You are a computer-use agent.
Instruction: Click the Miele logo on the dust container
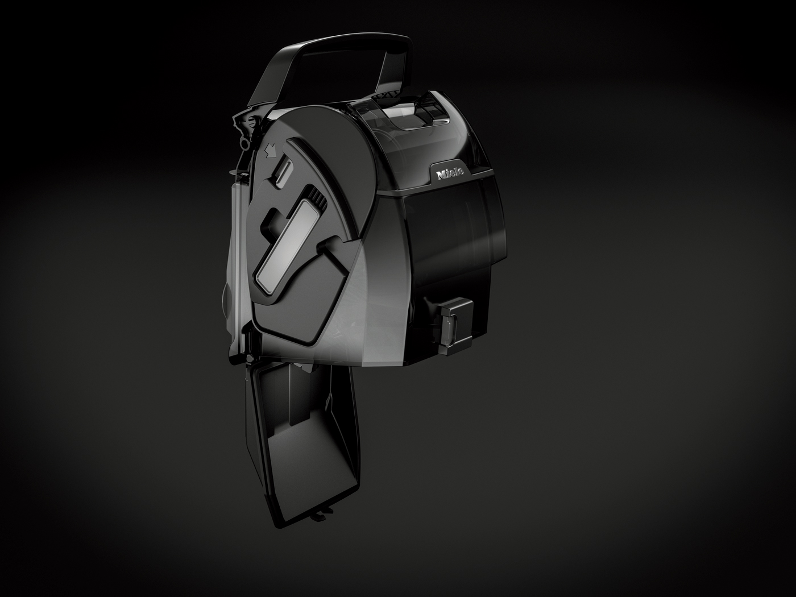(x=450, y=173)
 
